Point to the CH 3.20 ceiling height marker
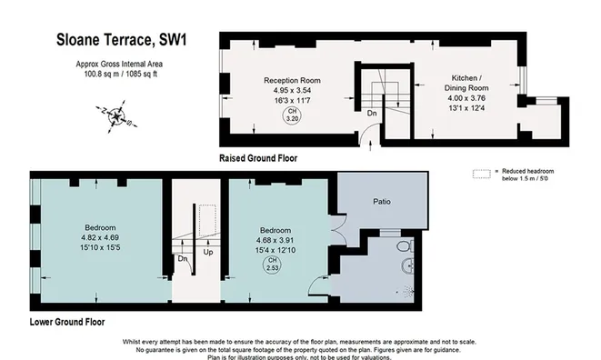click(293, 115)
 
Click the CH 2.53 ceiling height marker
click(272, 265)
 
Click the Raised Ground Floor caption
click(258, 157)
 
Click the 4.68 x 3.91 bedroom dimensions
click(273, 241)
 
